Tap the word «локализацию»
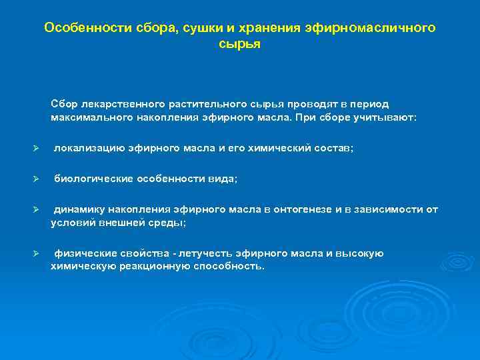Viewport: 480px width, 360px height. pos(89,149)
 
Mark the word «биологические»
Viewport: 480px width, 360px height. pos(93,179)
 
